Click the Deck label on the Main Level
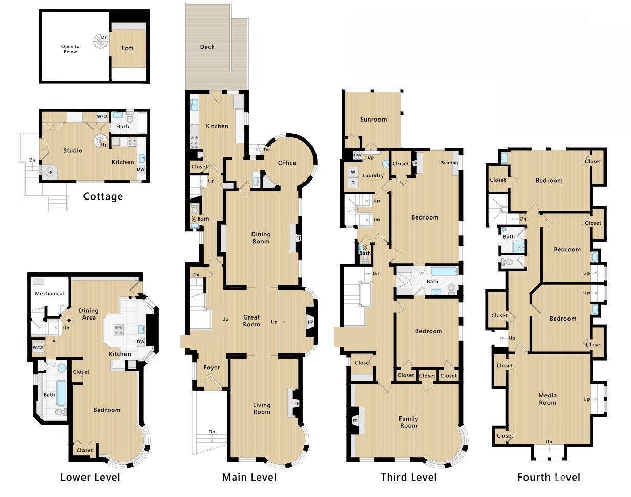click(x=207, y=47)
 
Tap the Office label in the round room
click(x=287, y=163)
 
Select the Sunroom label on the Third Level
click(x=373, y=120)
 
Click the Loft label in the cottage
click(x=128, y=48)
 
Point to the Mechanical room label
click(x=50, y=294)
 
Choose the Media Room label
click(x=547, y=399)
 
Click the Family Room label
click(x=408, y=422)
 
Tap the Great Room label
click(x=251, y=321)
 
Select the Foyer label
click(x=212, y=367)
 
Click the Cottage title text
click(x=103, y=196)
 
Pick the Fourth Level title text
click(x=549, y=478)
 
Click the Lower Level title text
click(x=90, y=478)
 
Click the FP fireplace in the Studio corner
click(x=50, y=172)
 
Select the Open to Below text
click(x=70, y=49)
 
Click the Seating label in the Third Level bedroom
click(x=449, y=163)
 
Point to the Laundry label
click(x=373, y=176)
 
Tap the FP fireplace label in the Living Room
click(x=296, y=403)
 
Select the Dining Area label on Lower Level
click(x=89, y=314)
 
